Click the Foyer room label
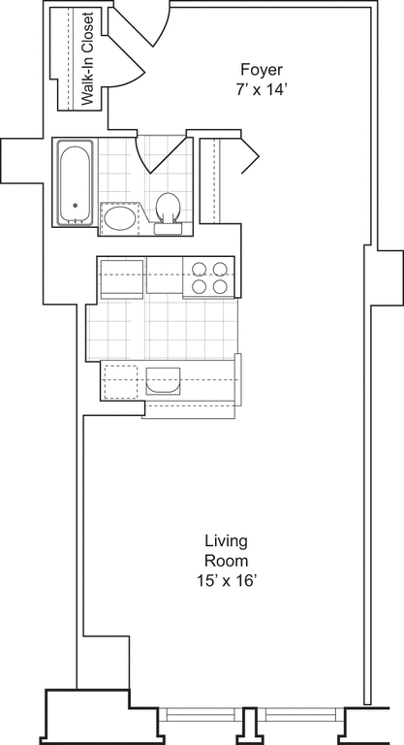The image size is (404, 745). [x=261, y=70]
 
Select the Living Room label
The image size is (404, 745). [x=227, y=551]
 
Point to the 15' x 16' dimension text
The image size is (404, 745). [x=227, y=581]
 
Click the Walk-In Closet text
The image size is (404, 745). [x=88, y=59]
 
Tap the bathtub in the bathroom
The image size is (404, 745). [x=75, y=183]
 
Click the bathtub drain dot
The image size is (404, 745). [x=75, y=205]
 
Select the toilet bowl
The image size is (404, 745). [x=168, y=205]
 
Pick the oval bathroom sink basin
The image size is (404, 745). [x=120, y=218]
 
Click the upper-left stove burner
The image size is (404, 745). [x=199, y=269]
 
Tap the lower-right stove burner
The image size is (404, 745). [x=220, y=287]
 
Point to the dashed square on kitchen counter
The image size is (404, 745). [x=121, y=382]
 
